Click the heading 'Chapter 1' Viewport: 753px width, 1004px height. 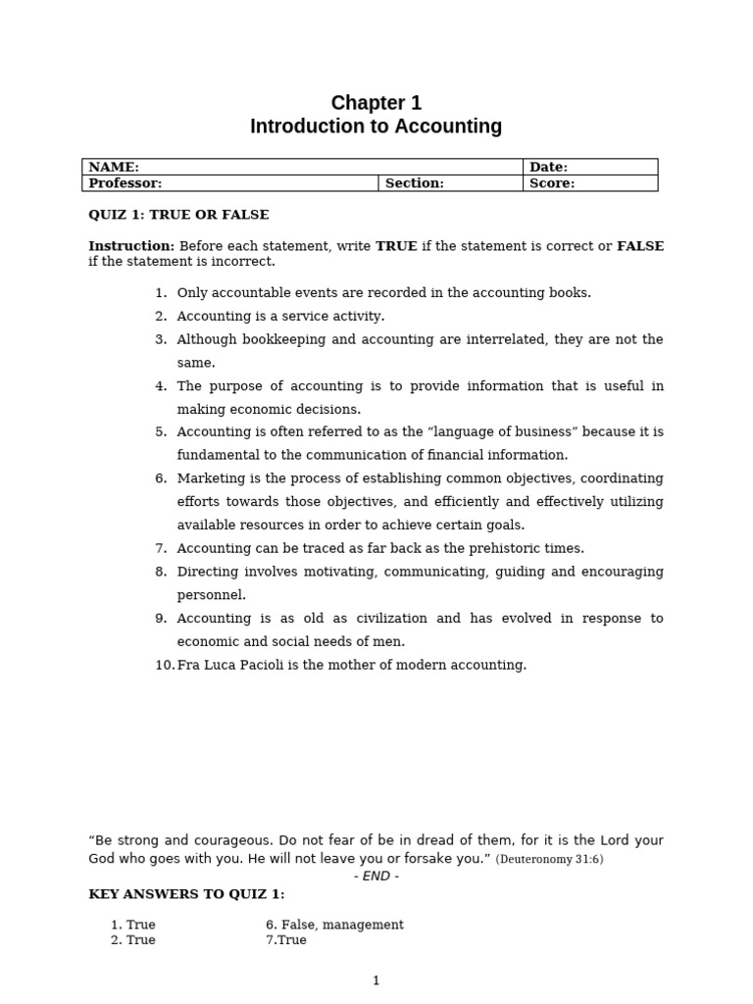click(x=376, y=103)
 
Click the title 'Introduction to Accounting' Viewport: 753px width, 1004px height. click(x=376, y=126)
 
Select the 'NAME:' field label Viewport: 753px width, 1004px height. click(x=114, y=168)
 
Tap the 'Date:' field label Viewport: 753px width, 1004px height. click(x=548, y=168)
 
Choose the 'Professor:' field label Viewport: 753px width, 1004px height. click(x=125, y=183)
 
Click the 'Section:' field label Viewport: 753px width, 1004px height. click(x=414, y=183)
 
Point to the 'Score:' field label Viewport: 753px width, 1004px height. click(x=552, y=183)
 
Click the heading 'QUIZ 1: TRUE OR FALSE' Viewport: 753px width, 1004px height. click(x=178, y=215)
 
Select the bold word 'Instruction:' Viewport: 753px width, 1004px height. click(x=131, y=246)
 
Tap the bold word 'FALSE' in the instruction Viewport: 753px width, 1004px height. click(x=639, y=246)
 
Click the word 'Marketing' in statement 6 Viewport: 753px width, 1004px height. click(x=209, y=478)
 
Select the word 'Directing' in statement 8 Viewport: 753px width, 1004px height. click(x=207, y=572)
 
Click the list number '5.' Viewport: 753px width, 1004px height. click(x=161, y=431)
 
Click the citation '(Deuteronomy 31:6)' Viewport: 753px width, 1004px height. click(x=549, y=860)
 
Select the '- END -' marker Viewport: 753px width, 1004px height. click(x=376, y=877)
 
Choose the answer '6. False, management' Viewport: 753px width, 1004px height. click(x=334, y=925)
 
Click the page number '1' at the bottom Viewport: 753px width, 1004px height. click(x=376, y=980)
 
